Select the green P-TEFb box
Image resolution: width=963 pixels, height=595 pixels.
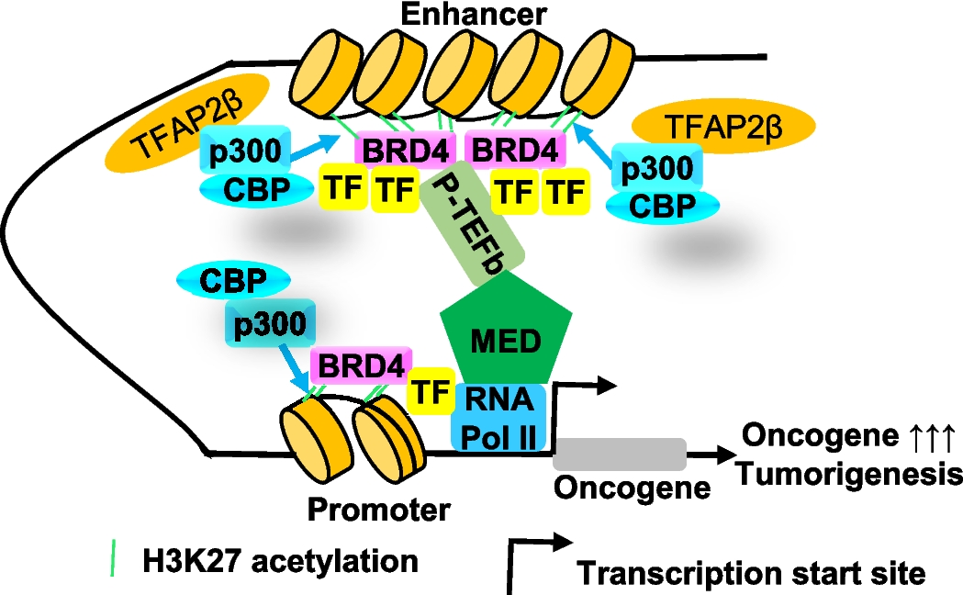click(476, 221)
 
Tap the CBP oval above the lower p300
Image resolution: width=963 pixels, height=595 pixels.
click(219, 280)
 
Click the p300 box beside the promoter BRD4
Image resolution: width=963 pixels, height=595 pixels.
click(269, 324)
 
